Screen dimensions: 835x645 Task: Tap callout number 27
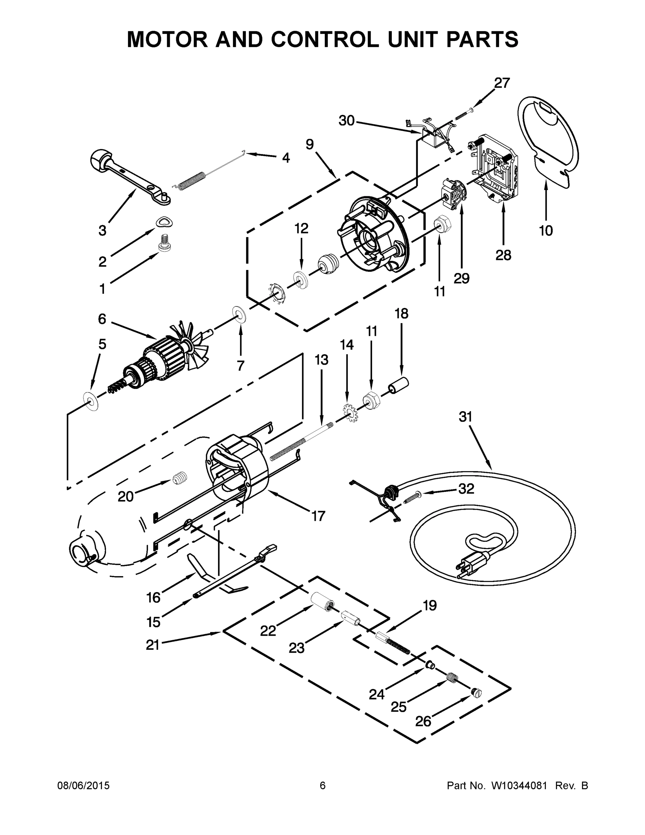coord(502,83)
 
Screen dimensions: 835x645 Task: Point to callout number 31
coord(466,417)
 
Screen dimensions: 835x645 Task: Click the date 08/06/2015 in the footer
coord(83,786)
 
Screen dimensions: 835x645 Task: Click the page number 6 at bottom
coord(323,786)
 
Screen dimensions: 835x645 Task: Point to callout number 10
coord(546,231)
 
